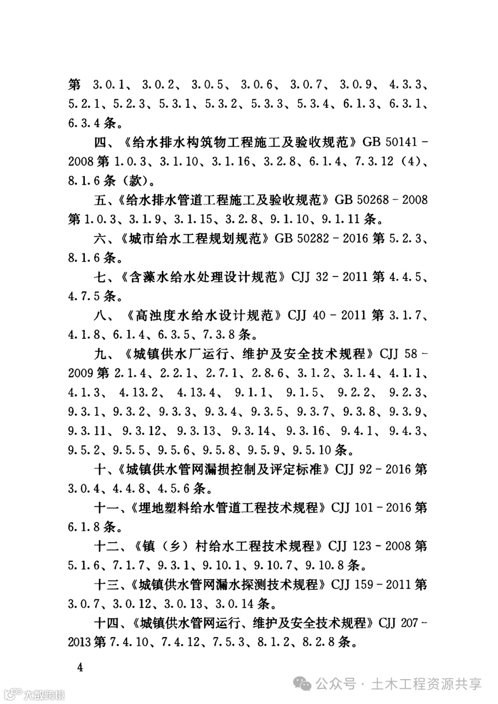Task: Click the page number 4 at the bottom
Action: pos(80,668)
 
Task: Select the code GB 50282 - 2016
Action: pos(321,238)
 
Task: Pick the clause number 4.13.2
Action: pos(138,392)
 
